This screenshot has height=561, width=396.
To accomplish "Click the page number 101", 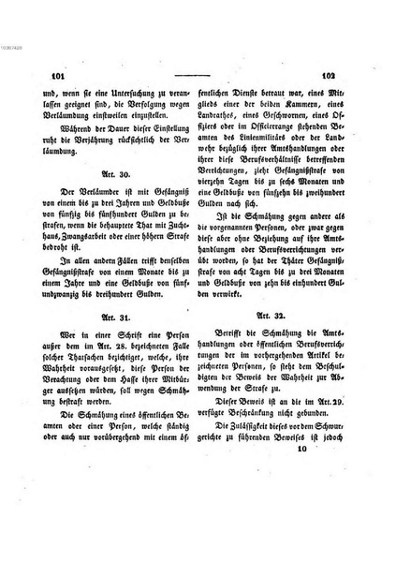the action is click(39, 79).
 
